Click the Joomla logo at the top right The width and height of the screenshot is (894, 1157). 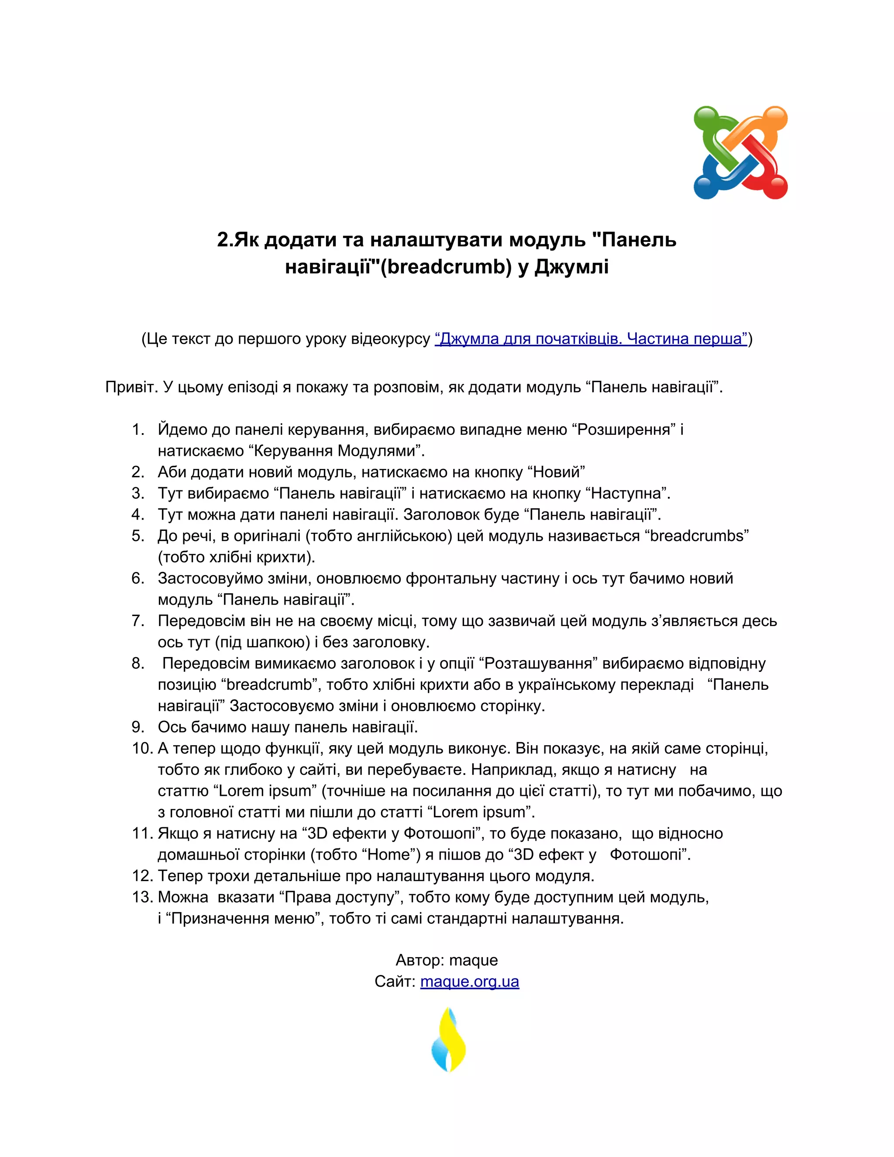click(x=740, y=152)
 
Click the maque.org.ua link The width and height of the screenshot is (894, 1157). click(x=469, y=981)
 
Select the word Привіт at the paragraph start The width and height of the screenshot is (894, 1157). click(x=131, y=387)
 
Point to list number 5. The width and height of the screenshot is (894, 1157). click(x=138, y=536)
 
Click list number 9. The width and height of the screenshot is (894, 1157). click(x=138, y=727)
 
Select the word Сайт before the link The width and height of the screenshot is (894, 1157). click(x=394, y=981)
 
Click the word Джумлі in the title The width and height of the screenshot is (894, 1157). click(x=571, y=266)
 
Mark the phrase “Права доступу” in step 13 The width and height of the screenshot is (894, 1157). click(x=339, y=897)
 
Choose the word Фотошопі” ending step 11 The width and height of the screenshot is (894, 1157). click(x=648, y=854)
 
